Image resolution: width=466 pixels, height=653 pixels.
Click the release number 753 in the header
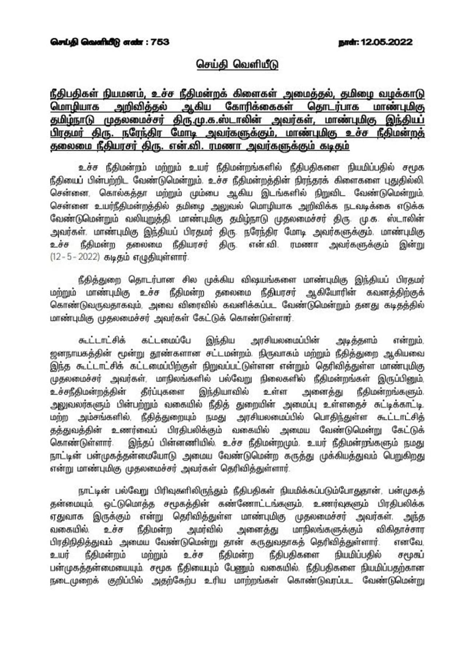point(160,42)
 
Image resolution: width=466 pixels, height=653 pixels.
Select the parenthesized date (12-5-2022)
point(75,257)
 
